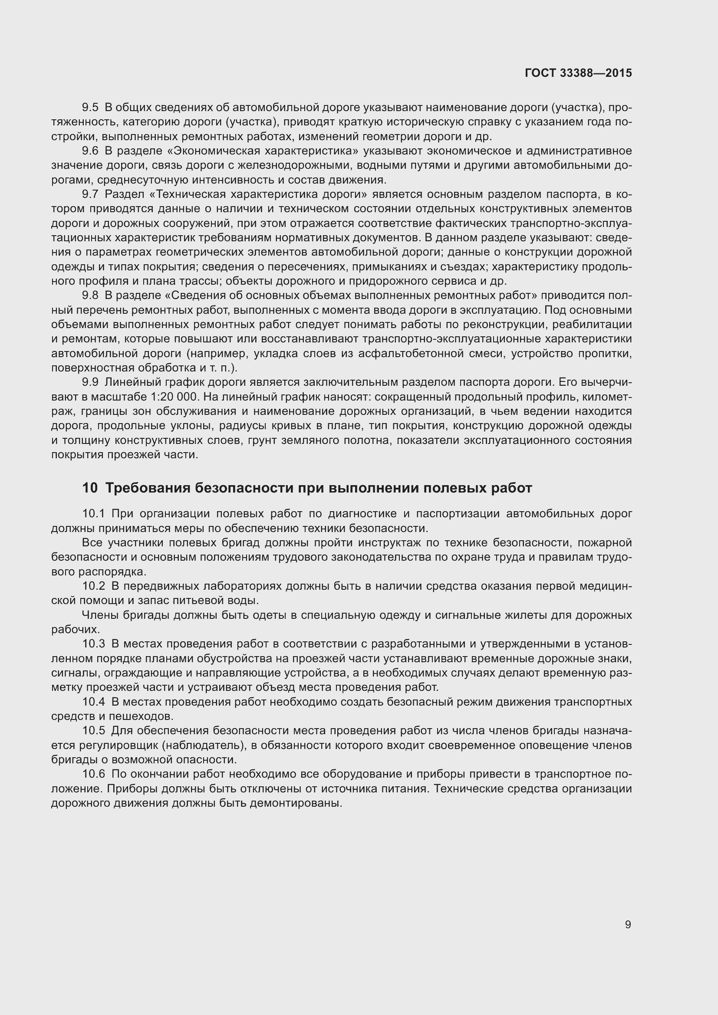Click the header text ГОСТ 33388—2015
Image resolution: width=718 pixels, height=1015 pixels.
click(x=578, y=73)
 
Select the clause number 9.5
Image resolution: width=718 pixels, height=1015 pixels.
click(x=90, y=108)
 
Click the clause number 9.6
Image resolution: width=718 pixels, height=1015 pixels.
click(x=90, y=151)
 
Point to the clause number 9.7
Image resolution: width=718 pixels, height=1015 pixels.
click(x=90, y=194)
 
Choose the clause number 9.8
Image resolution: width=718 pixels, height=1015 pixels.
click(x=90, y=296)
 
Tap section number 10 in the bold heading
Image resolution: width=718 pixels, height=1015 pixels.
click(x=90, y=488)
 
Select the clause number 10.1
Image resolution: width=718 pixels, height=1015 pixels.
click(x=93, y=514)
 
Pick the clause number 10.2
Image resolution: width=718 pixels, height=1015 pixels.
click(x=93, y=586)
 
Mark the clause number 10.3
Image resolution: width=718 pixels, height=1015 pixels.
click(x=93, y=644)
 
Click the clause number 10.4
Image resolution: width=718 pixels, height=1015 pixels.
click(x=93, y=702)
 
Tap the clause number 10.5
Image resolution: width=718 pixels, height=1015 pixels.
click(x=93, y=731)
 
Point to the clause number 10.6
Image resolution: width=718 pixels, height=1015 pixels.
click(x=93, y=775)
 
